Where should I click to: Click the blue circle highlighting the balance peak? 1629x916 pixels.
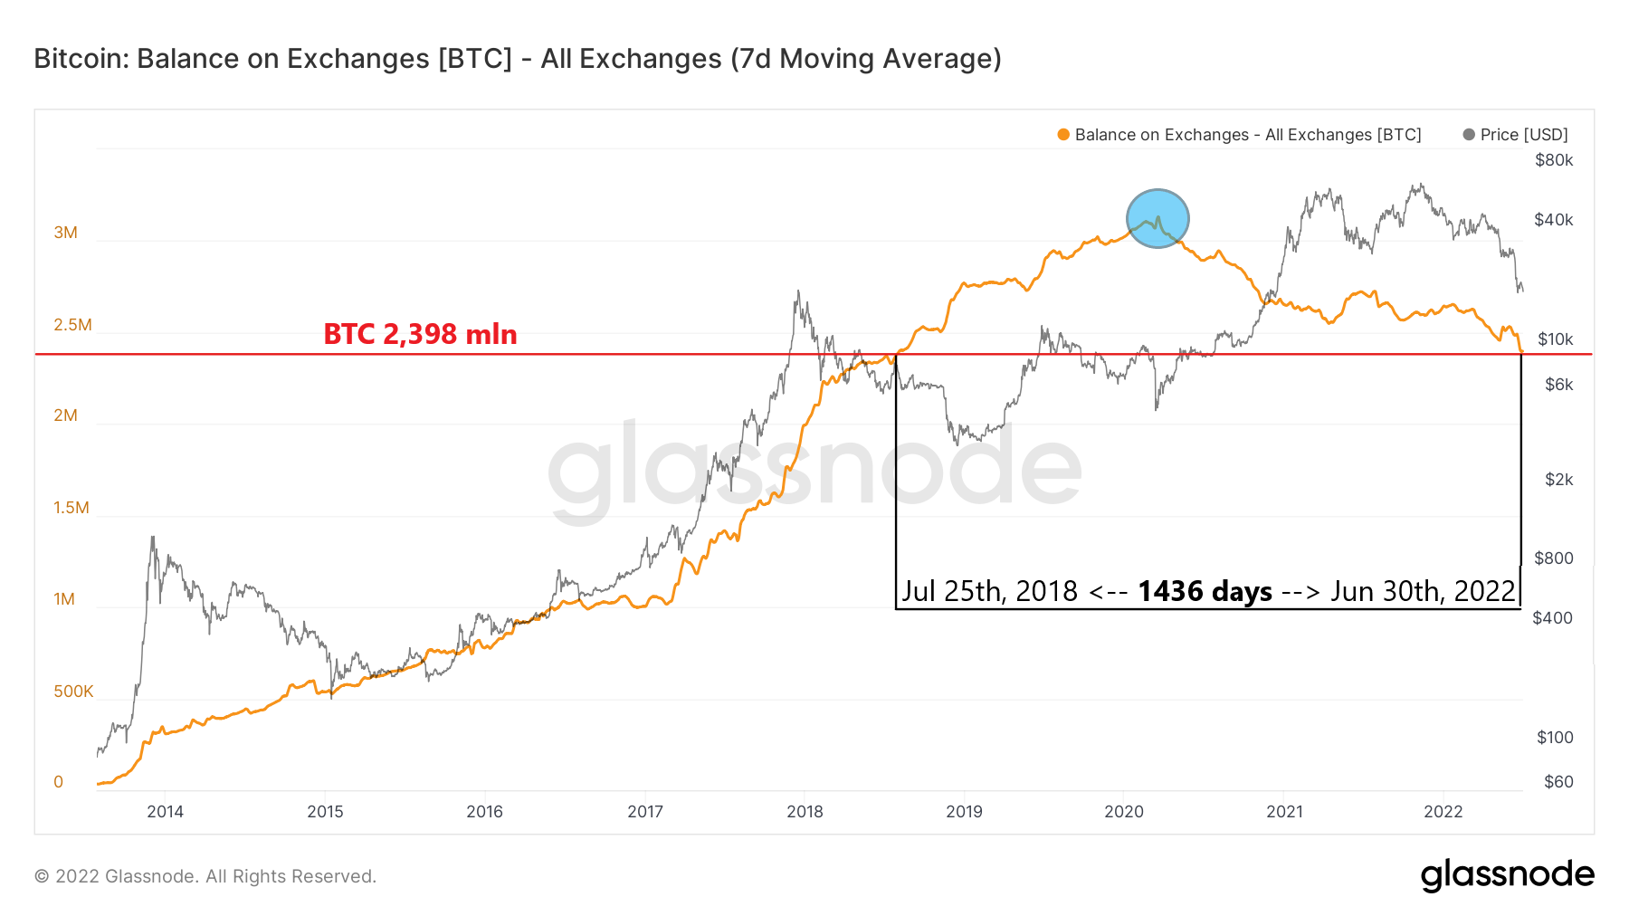pyautogui.click(x=1157, y=218)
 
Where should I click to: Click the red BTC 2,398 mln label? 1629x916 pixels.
pyautogui.click(x=420, y=334)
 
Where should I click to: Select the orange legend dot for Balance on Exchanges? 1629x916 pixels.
pyautogui.click(x=1063, y=135)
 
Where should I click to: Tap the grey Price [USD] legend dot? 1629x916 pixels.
pyautogui.click(x=1469, y=135)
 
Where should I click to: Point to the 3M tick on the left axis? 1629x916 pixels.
pyautogui.click(x=65, y=233)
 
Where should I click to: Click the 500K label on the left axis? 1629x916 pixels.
pyautogui.click(x=73, y=692)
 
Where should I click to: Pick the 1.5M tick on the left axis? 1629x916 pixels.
pyautogui.click(x=71, y=508)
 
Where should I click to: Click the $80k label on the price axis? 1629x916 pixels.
pyautogui.click(x=1554, y=160)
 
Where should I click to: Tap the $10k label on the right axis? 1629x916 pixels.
pyautogui.click(x=1555, y=339)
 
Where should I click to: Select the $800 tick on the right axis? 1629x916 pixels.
pyautogui.click(x=1554, y=558)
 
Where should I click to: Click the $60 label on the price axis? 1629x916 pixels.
pyautogui.click(x=1558, y=782)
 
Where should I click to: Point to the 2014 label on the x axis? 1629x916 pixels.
pyautogui.click(x=165, y=812)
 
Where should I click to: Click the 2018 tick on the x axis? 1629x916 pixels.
pyautogui.click(x=805, y=812)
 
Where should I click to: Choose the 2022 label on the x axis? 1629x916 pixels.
pyautogui.click(x=1443, y=812)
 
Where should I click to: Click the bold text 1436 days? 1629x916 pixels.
pyautogui.click(x=1205, y=592)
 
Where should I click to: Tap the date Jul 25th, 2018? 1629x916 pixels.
pyautogui.click(x=989, y=592)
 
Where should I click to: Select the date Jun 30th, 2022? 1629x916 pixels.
pyautogui.click(x=1423, y=592)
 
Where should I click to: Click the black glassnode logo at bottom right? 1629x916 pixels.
pyautogui.click(x=1507, y=875)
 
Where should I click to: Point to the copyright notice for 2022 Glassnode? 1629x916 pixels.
pyautogui.click(x=205, y=876)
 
